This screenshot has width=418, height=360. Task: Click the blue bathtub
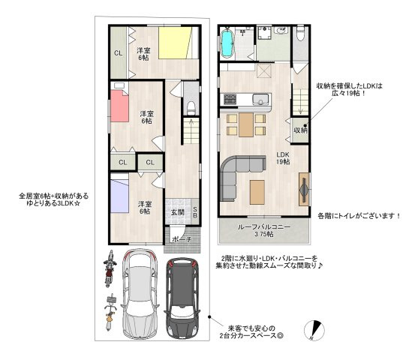(x=227, y=44)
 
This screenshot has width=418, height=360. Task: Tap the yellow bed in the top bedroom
(x=175, y=43)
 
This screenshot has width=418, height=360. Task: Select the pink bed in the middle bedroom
(x=119, y=106)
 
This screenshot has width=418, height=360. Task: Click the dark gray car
(x=183, y=298)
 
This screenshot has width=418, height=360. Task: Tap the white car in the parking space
(x=140, y=295)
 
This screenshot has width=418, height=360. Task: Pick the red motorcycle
(x=110, y=268)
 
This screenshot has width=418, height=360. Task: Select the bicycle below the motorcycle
(x=110, y=312)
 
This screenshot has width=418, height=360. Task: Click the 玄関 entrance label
(x=177, y=213)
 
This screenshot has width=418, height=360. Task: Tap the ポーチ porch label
(x=182, y=239)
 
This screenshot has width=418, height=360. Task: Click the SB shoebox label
(x=195, y=212)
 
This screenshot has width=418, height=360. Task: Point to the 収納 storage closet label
(x=300, y=130)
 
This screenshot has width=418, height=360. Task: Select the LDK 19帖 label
(x=283, y=158)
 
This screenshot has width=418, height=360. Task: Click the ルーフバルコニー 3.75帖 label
(x=263, y=231)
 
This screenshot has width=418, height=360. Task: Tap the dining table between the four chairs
(x=246, y=124)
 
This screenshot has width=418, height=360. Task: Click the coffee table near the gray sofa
(x=257, y=192)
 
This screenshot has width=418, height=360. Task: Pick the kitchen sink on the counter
(x=261, y=100)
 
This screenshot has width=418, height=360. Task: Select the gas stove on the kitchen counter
(x=230, y=99)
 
